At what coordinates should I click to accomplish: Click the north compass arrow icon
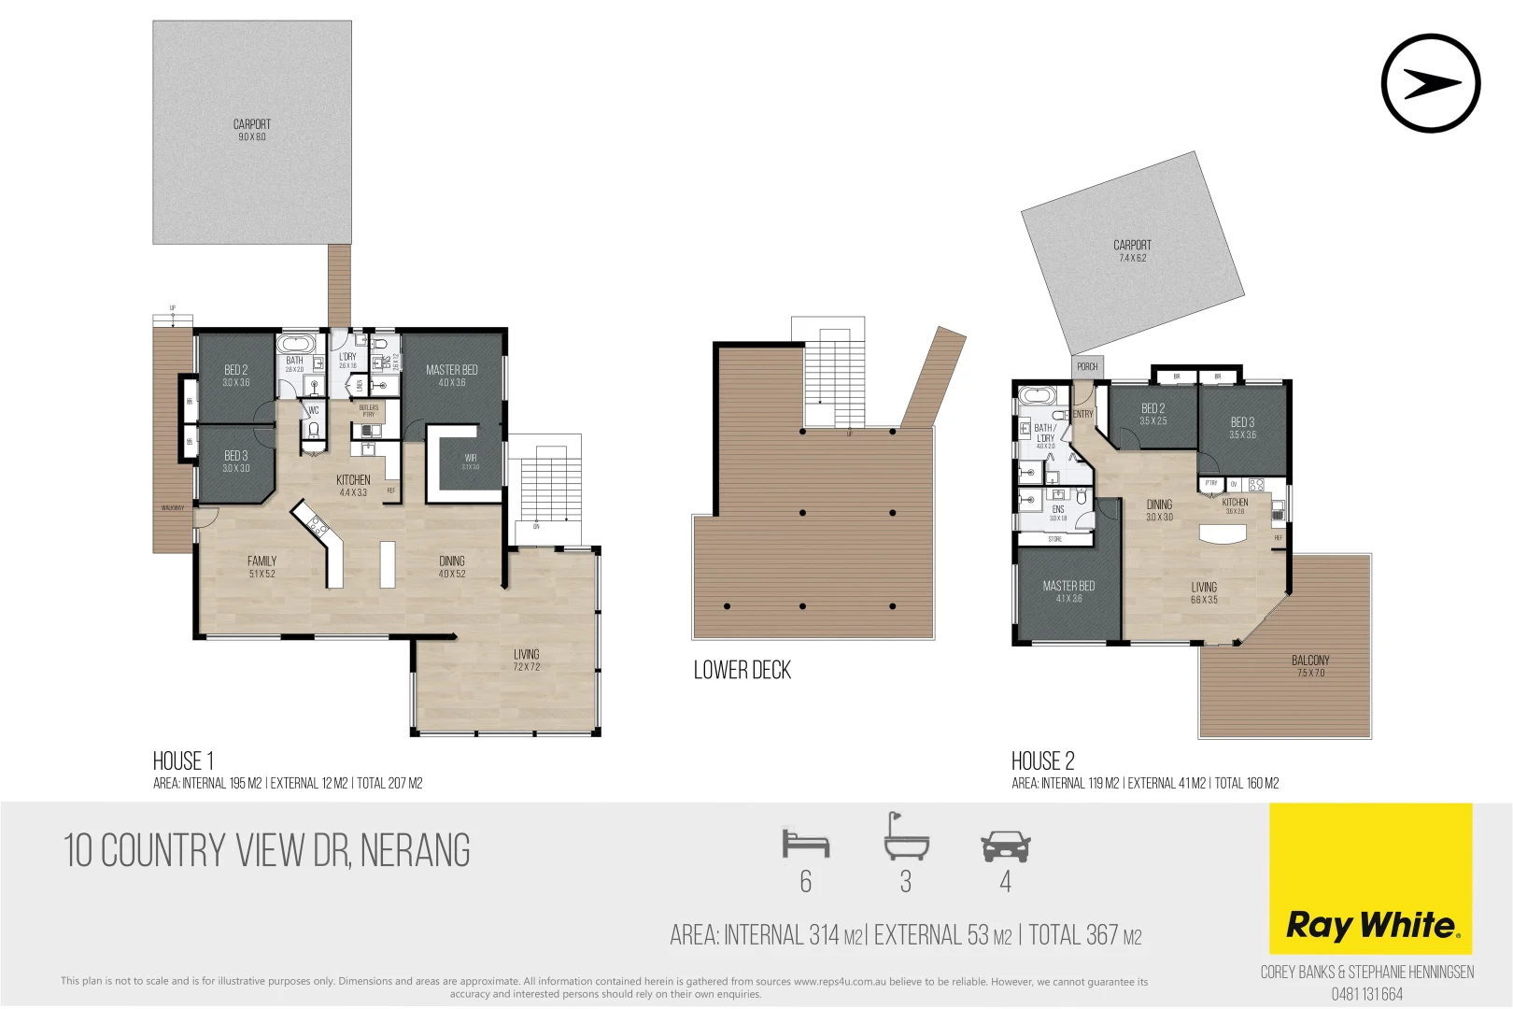[x=1430, y=83]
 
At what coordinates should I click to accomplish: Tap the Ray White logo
[x=1371, y=925]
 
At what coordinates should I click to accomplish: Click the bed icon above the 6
[x=805, y=844]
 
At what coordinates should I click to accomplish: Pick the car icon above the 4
[x=1005, y=846]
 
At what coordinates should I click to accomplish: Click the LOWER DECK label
[x=742, y=670]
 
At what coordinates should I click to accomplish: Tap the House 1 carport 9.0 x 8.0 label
[x=251, y=130]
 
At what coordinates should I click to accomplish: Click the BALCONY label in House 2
[x=1310, y=665]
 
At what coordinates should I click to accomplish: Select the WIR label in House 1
[x=470, y=461]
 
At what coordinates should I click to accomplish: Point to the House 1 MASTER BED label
[x=451, y=375]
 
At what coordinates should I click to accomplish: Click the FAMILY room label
[x=262, y=566]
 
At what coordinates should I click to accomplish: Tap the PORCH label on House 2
[x=1087, y=367]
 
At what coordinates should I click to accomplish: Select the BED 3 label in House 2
[x=1242, y=427]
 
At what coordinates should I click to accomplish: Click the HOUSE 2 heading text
[x=1042, y=760]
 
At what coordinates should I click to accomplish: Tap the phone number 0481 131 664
[x=1366, y=994]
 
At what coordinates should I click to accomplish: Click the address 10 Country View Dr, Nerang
[x=267, y=850]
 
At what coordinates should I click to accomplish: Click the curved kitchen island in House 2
[x=1223, y=534]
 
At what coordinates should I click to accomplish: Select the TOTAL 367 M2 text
[x=1085, y=935]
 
